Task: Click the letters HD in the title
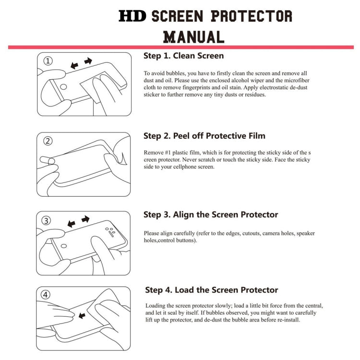(133, 16)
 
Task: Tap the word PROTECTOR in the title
(252, 16)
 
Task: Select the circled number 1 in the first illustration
(48, 61)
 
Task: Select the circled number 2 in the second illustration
(48, 141)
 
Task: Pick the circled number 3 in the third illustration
(47, 221)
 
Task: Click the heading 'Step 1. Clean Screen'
(183, 56)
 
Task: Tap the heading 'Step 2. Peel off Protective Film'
(204, 136)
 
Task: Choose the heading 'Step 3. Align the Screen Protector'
(210, 215)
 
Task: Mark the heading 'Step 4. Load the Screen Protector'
(211, 290)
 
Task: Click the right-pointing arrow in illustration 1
(88, 61)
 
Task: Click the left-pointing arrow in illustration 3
(72, 224)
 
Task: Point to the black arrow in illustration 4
(82, 315)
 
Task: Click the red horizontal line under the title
(180, 47)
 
